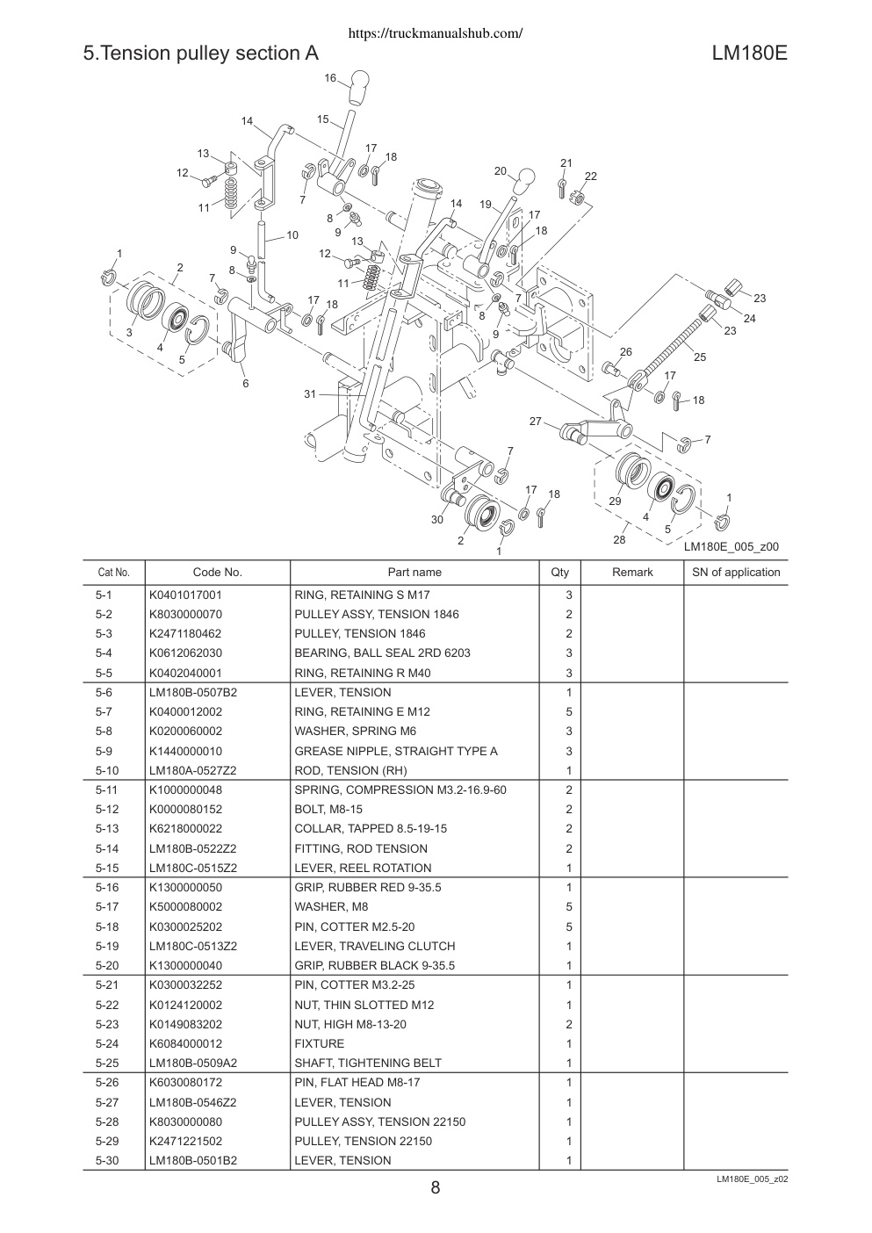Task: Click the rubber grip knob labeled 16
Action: [358, 87]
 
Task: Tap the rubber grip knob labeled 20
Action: [523, 181]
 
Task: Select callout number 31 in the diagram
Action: [310, 393]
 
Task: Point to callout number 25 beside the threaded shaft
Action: [699, 357]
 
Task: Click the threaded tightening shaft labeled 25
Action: [667, 347]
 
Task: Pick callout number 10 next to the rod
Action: [292, 235]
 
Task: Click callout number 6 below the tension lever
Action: [246, 383]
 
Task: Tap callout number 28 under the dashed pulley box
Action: [619, 539]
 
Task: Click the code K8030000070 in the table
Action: [185, 614]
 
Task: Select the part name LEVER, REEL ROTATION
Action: [363, 868]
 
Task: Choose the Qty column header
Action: [560, 572]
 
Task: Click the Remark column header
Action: [632, 572]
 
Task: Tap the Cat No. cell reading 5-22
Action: [107, 1005]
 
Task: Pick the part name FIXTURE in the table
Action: [320, 1043]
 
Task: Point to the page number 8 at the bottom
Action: [435, 1187]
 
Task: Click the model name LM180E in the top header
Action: [749, 54]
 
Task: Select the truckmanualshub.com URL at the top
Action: [436, 33]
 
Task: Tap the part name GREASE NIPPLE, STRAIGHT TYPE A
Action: [396, 751]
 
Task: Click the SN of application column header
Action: [736, 572]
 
